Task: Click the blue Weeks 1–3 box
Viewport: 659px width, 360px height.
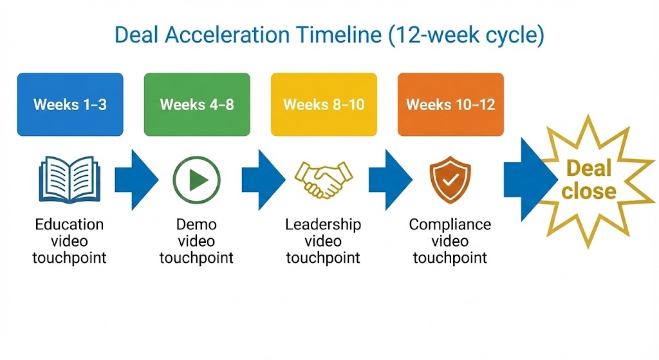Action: [x=70, y=104]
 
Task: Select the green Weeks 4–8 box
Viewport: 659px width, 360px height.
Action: [x=197, y=104]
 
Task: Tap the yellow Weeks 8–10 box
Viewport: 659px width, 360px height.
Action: [x=323, y=104]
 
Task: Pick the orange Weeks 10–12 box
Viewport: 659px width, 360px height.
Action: [x=450, y=104]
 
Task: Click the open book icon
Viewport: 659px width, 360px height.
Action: [x=70, y=177]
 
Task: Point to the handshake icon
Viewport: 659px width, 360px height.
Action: [x=324, y=178]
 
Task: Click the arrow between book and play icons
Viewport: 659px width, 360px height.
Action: [x=135, y=180]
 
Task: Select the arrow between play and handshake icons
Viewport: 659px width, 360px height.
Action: [x=262, y=180]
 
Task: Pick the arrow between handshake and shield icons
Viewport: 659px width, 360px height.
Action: [x=389, y=180]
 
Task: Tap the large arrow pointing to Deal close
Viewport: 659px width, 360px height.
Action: [x=524, y=178]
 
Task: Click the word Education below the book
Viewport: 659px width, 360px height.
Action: [x=70, y=225]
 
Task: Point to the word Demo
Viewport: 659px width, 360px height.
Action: [x=196, y=225]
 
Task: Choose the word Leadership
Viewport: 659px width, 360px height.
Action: [x=323, y=225]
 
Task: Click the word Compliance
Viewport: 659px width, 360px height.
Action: [x=450, y=225]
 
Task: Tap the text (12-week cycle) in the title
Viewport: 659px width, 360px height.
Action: [x=467, y=35]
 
